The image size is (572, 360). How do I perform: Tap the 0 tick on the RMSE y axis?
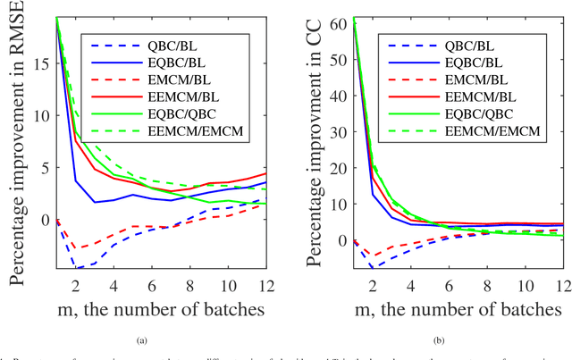[x=42, y=219]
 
